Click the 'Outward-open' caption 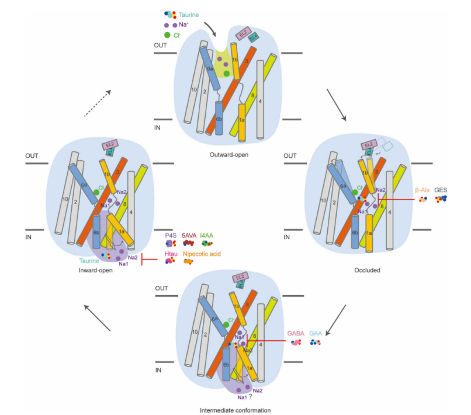pos(227,154)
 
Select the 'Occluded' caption pos(367,271)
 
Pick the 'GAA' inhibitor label pos(317,333)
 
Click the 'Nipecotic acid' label pos(203,254)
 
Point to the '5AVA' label pos(190,234)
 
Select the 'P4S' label pos(170,234)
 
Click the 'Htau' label pos(170,254)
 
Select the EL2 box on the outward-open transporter pos(244,33)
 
